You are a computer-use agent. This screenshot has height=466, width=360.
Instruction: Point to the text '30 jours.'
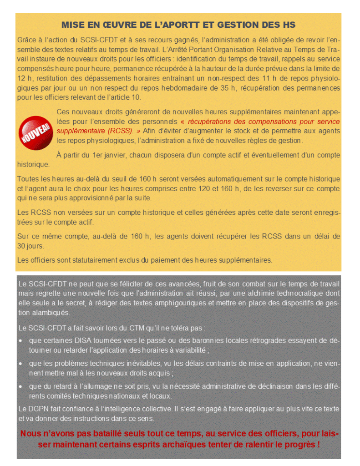pyautogui.click(x=30, y=246)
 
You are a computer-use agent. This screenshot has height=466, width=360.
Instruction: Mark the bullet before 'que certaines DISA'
pyautogui.click(x=21, y=340)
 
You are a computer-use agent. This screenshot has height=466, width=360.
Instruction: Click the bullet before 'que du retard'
pyautogui.click(x=21, y=386)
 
